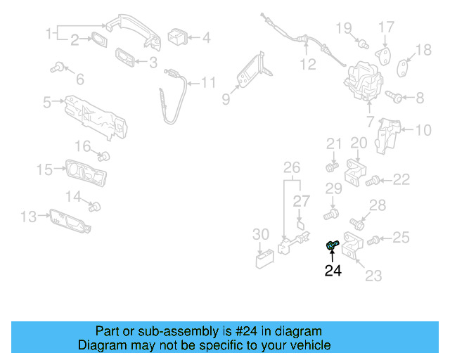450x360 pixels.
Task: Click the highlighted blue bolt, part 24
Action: click(332, 245)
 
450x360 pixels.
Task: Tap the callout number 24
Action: click(333, 271)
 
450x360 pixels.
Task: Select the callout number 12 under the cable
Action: click(308, 65)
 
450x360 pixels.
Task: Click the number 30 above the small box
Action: click(260, 234)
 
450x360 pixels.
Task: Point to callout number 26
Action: click(291, 167)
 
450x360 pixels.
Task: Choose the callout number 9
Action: click(226, 100)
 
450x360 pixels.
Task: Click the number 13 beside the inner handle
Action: click(28, 217)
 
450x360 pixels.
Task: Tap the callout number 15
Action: click(44, 169)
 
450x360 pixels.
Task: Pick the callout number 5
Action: click(47, 103)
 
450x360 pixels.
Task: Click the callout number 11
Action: click(209, 83)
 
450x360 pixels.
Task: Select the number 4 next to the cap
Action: click(206, 37)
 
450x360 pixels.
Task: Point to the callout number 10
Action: click(423, 129)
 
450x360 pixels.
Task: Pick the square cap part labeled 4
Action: click(176, 36)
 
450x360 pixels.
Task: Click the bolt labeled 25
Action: click(373, 240)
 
